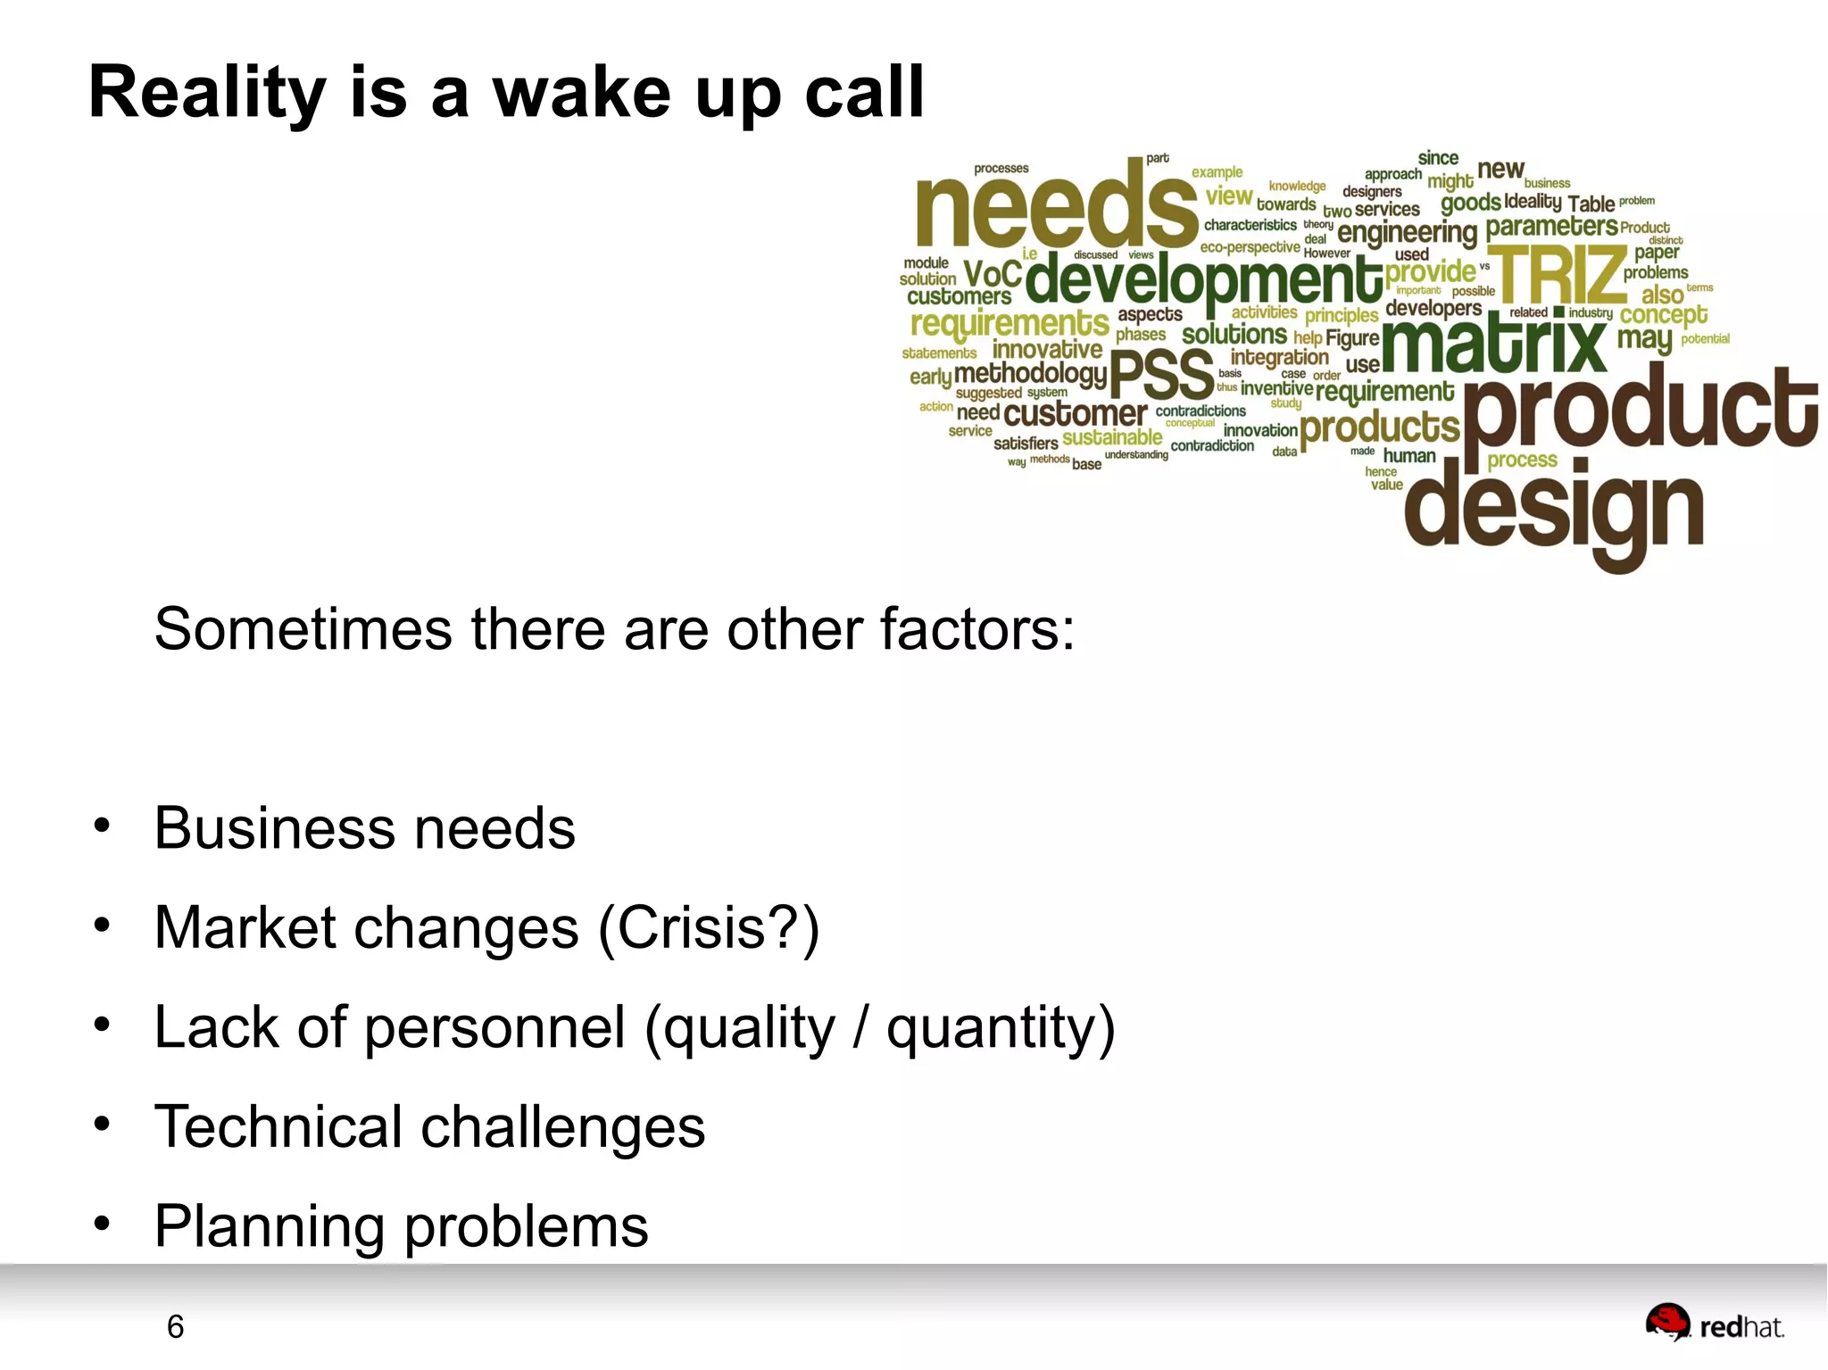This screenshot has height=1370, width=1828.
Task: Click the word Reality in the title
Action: [208, 93]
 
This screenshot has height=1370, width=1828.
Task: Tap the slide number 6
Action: [175, 1327]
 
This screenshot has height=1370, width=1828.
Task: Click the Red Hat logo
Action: [1714, 1324]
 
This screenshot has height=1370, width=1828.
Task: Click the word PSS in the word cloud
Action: [1161, 375]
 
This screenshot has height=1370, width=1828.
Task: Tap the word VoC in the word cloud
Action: [993, 274]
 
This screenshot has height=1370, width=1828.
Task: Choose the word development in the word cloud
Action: [1204, 280]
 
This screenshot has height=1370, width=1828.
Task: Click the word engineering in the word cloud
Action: [1408, 233]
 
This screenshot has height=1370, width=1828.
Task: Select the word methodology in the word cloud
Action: [1030, 373]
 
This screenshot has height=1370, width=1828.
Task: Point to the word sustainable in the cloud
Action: [1112, 437]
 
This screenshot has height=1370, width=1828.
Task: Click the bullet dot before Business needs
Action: [102, 826]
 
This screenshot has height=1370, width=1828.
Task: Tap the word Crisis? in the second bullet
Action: [709, 928]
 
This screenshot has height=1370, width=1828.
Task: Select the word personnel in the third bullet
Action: [494, 1028]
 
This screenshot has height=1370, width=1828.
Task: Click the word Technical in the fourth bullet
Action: [278, 1126]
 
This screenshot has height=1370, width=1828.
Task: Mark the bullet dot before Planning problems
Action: [102, 1224]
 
